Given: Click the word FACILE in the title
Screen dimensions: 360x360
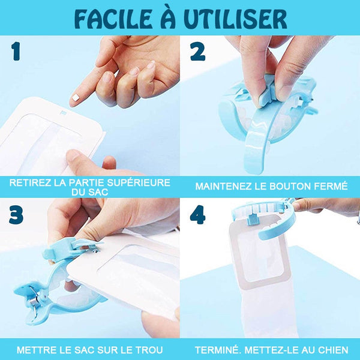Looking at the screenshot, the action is [113, 19].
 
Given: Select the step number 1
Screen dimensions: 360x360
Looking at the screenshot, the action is [16, 52].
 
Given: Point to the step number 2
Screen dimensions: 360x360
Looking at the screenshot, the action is [197, 52].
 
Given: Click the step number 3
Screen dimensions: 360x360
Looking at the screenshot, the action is [16, 215].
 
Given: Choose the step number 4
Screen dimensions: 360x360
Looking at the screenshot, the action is [197, 215].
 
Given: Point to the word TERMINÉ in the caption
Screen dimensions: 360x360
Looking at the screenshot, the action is [217, 350].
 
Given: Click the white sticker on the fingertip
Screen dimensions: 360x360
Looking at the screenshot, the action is [76, 98].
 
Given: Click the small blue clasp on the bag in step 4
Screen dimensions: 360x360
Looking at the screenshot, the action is [253, 219].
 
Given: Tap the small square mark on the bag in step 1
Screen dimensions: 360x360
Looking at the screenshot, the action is [62, 113].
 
